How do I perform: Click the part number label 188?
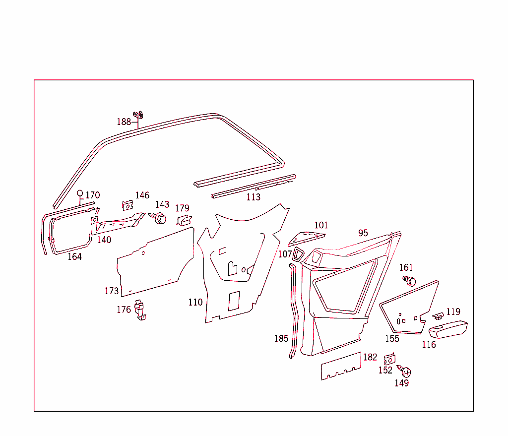tap(124, 122)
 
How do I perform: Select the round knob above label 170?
tap(80, 193)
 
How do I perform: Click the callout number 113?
tap(253, 197)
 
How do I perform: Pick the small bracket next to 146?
tap(128, 204)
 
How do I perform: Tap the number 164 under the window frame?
tap(74, 256)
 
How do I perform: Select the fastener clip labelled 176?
tap(140, 311)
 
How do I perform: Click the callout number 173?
tap(111, 291)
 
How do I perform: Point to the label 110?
tap(195, 302)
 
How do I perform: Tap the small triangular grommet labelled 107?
tap(299, 254)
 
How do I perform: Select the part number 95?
tap(363, 233)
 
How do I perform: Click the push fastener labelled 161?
tap(410, 281)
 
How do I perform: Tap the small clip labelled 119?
tap(438, 315)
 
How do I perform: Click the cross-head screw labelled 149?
tap(405, 372)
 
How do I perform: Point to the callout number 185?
tap(281, 339)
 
